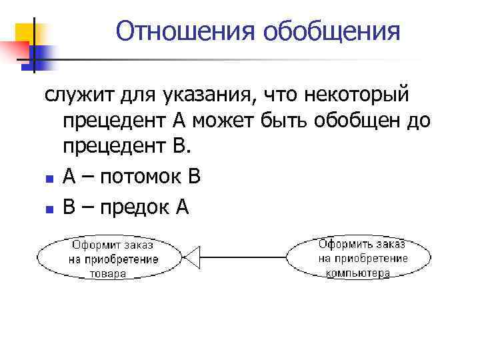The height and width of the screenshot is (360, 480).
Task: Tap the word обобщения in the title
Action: point(332,31)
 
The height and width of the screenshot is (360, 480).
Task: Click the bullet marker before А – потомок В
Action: point(49,179)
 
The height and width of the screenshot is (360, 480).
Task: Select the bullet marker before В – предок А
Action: point(49,209)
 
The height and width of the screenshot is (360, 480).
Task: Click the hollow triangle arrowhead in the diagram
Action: point(192,257)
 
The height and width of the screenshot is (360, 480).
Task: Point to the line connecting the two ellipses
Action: point(243,257)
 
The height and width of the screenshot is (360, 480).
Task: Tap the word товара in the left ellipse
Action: point(108,273)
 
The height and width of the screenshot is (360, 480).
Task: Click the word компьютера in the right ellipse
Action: point(358,273)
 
